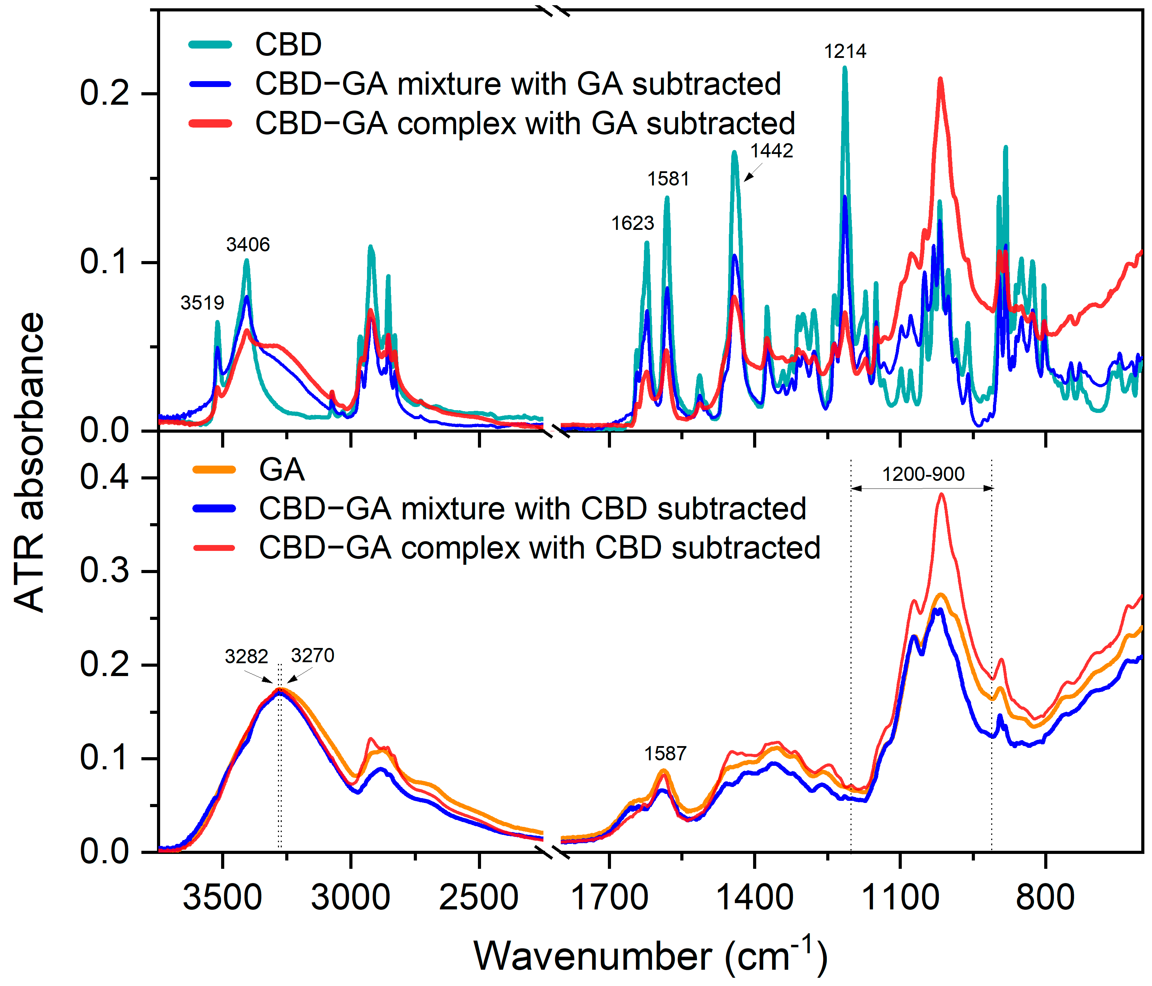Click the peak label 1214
click(845, 52)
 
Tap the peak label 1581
click(668, 179)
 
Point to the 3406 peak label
click(247, 245)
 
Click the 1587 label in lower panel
click(665, 754)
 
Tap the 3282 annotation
click(246, 657)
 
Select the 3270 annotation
click(313, 656)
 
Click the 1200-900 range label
click(923, 474)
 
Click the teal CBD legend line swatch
click(210, 44)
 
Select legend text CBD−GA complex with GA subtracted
click(525, 123)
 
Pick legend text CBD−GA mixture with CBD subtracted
click(532, 509)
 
